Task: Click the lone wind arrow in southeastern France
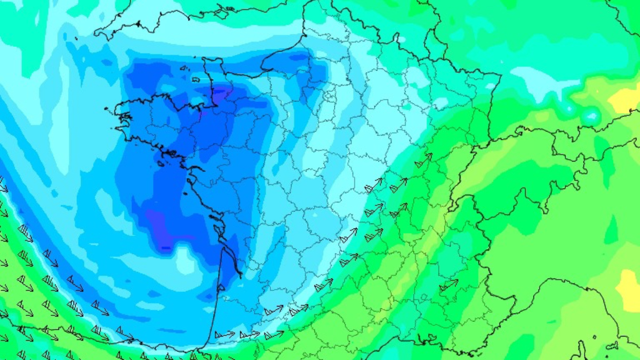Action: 448,285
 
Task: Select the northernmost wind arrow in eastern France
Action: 423,160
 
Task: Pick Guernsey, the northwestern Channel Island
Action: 183,68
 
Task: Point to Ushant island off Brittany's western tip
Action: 106,109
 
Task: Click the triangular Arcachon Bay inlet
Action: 220,287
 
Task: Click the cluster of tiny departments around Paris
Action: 330,95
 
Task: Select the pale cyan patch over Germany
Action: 540,80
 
